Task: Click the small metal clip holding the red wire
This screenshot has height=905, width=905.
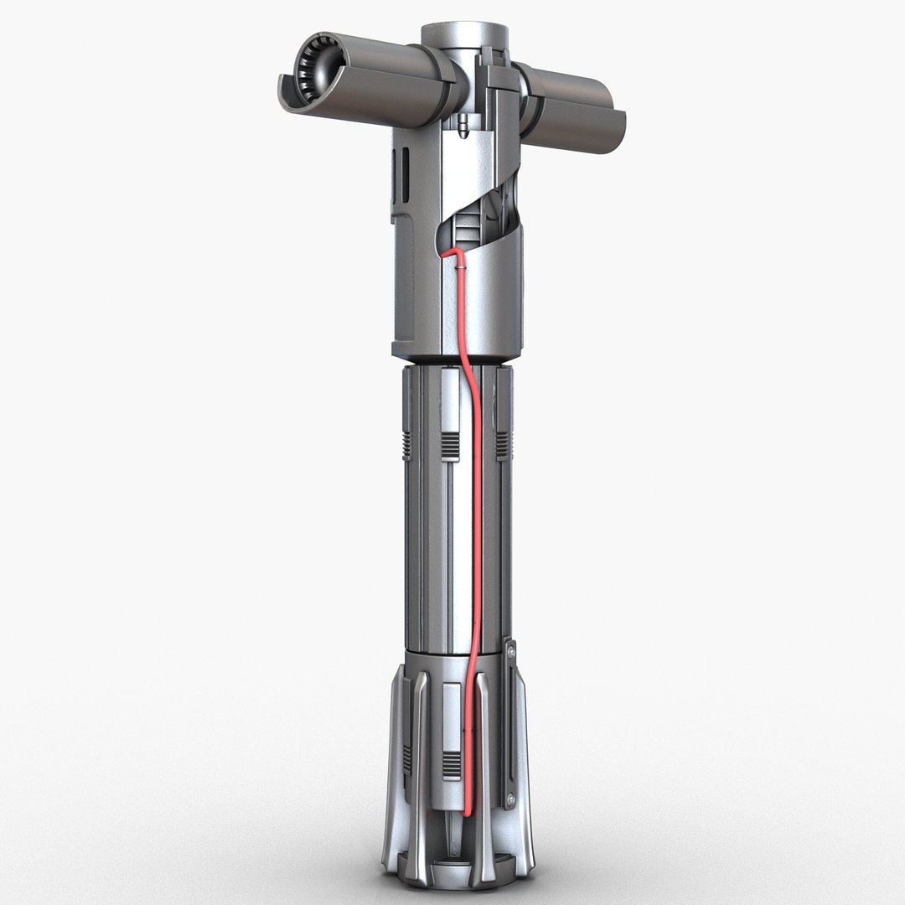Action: pos(461,266)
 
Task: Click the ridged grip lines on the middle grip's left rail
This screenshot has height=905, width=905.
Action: pos(406,446)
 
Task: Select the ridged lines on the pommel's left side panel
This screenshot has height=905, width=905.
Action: pos(407,758)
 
